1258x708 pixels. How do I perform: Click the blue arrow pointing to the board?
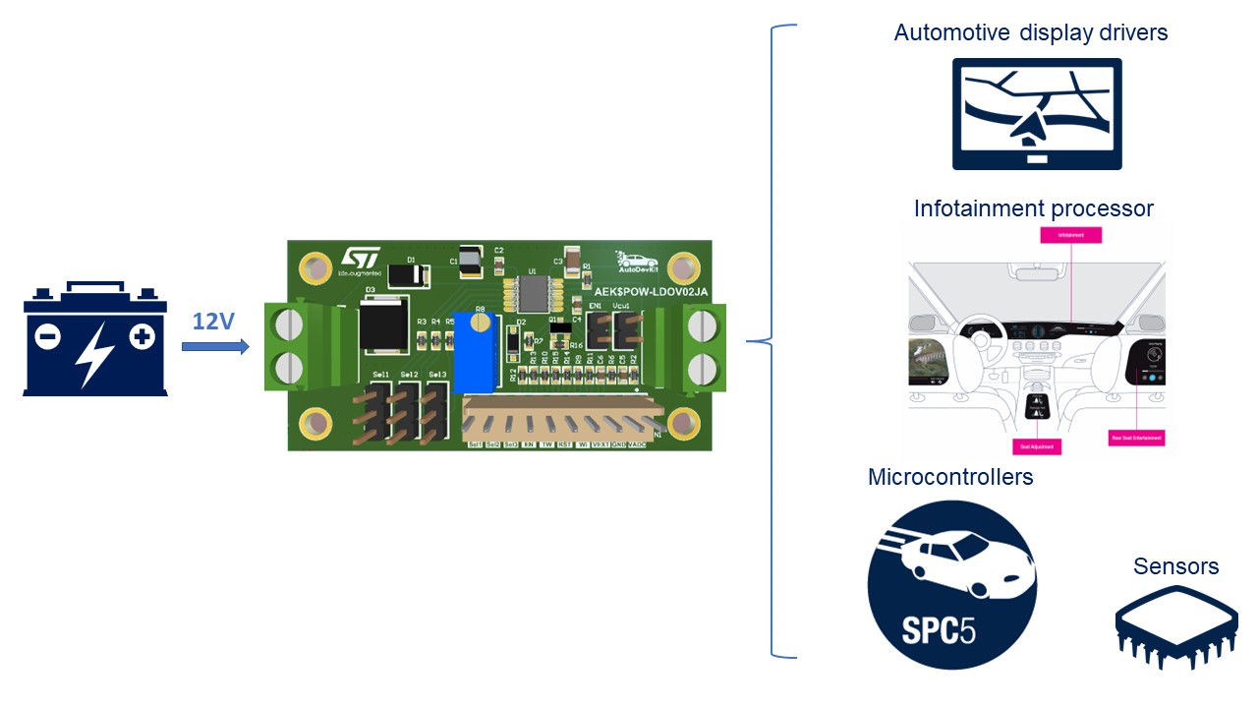(215, 346)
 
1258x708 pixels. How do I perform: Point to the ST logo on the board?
(359, 259)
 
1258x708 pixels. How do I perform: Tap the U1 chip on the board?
(532, 293)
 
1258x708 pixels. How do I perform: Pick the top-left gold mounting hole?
(316, 266)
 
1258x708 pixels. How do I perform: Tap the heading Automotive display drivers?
(1031, 32)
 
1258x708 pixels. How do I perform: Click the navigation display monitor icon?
(1036, 113)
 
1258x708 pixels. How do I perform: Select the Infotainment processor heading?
(1033, 208)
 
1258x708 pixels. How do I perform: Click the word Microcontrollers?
(950, 477)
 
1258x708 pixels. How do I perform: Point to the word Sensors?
(1175, 566)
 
